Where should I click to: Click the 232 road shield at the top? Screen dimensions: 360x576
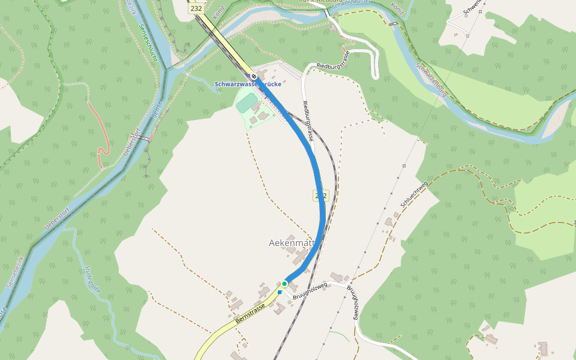tap(196, 8)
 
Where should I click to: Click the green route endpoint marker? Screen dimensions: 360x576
tap(284, 283)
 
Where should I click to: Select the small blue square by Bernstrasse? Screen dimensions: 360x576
tap(280, 292)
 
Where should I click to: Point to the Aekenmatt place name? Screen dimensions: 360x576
tap(292, 243)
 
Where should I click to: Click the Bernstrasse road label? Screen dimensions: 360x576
tap(251, 313)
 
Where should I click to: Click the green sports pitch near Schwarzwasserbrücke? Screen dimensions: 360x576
tap(246, 103)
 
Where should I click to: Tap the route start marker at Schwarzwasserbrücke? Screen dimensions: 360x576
tap(254, 76)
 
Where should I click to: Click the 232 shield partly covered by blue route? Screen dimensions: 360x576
tap(320, 196)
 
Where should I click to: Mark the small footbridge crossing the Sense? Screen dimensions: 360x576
tap(142, 137)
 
